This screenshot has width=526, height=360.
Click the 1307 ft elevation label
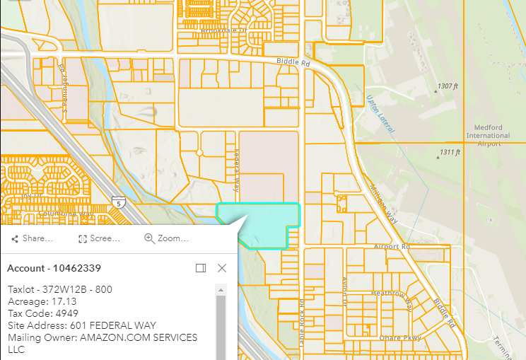pyautogui.click(x=448, y=86)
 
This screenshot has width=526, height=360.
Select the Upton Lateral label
pyautogui.click(x=380, y=114)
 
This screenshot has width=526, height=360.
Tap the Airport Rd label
pyautogui.click(x=392, y=247)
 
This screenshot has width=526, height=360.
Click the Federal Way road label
pyautogui.click(x=237, y=170)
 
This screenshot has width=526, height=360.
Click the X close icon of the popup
pyautogui.click(x=222, y=268)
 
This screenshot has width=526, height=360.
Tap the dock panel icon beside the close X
pyautogui.click(x=201, y=268)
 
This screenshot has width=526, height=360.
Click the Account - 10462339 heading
pyautogui.click(x=54, y=268)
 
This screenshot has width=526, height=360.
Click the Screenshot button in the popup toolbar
pyautogui.click(x=99, y=238)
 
